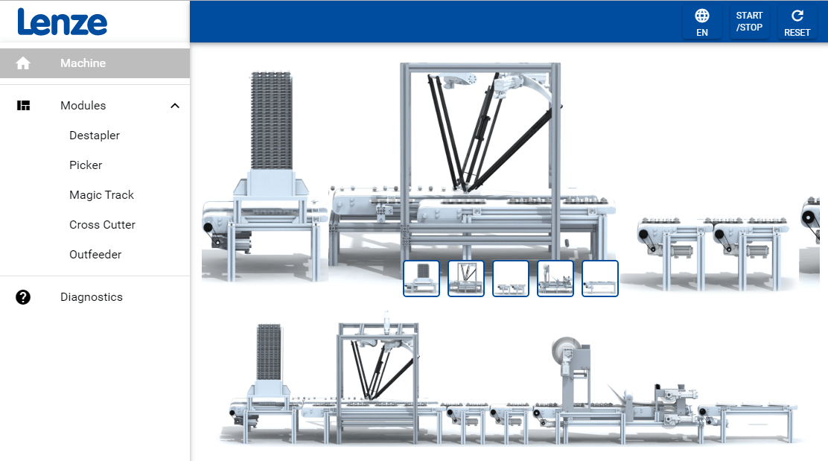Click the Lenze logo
click(63, 22)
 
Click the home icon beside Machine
click(22, 63)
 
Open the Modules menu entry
click(83, 106)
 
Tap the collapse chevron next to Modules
click(175, 106)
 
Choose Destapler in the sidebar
click(95, 136)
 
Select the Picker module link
click(86, 165)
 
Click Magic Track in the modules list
click(101, 195)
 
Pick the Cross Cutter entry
click(103, 225)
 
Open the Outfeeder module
click(95, 255)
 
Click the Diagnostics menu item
click(92, 297)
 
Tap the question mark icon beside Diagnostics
click(22, 297)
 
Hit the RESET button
click(797, 23)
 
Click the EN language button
click(702, 23)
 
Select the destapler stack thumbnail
click(421, 279)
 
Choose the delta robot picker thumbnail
click(466, 279)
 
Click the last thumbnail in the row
click(600, 279)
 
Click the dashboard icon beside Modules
click(23, 106)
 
